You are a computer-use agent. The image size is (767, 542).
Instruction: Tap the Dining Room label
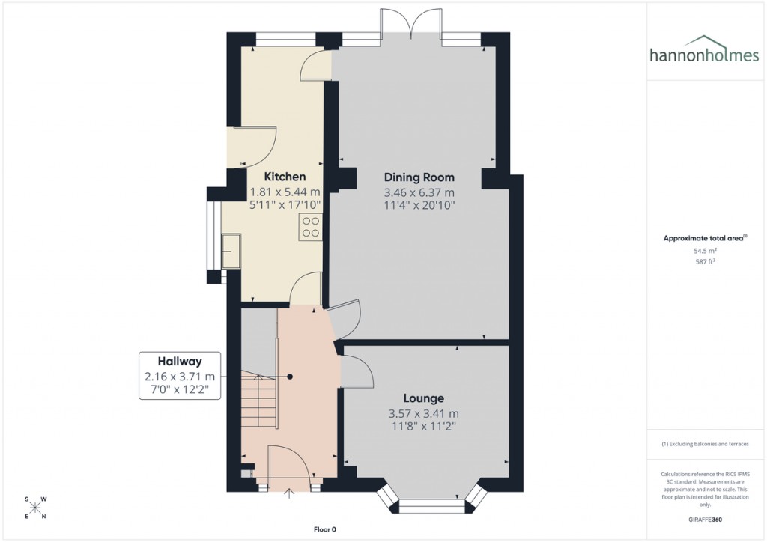419,177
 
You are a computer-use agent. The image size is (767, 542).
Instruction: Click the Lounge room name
423,398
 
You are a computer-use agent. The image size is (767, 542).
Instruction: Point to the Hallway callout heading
179,361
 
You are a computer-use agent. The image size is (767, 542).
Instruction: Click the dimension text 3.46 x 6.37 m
419,192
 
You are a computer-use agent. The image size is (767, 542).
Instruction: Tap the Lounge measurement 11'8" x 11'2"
423,427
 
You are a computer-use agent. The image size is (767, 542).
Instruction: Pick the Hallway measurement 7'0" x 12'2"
179,390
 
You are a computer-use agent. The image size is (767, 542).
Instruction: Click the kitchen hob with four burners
310,227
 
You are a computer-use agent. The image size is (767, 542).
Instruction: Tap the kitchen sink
231,250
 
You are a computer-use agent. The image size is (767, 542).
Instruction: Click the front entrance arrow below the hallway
290,493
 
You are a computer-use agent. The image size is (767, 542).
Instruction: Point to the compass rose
35,508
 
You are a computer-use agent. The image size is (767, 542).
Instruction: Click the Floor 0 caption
326,529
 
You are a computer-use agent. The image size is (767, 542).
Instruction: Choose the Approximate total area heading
703,238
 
